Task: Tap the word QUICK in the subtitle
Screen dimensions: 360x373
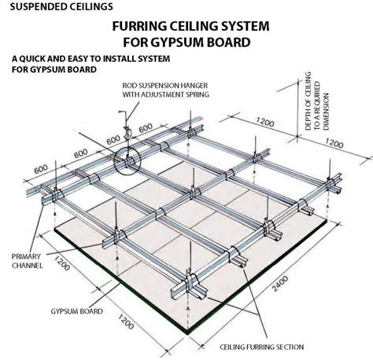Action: click(x=35, y=58)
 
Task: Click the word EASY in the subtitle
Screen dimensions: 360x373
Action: click(x=79, y=58)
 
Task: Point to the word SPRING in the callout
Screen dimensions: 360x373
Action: click(x=204, y=94)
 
